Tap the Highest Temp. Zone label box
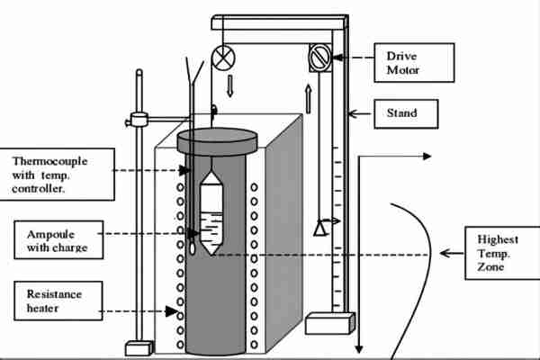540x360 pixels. [499, 254]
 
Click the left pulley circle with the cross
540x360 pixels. [221, 58]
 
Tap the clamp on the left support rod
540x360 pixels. [139, 118]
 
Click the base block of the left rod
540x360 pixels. [140, 347]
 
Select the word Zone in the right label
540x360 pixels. [493, 269]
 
